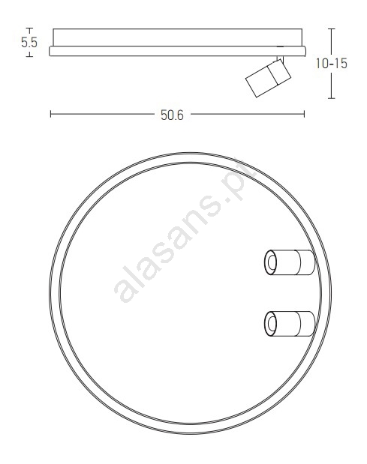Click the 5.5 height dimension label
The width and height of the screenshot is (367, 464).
[x=29, y=43]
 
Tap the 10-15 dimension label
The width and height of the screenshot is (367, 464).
[x=331, y=64]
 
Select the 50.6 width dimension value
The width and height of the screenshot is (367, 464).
[x=172, y=115]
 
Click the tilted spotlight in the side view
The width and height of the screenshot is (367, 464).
[x=268, y=78]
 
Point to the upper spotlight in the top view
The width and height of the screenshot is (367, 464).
[x=290, y=262]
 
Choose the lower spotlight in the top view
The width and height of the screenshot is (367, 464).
[x=290, y=324]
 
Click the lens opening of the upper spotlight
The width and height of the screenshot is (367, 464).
[x=271, y=262]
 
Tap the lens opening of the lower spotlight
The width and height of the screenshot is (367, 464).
[x=271, y=324]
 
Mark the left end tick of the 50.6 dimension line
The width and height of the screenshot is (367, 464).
[x=50, y=114]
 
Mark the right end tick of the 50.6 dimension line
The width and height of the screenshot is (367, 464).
[x=304, y=114]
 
